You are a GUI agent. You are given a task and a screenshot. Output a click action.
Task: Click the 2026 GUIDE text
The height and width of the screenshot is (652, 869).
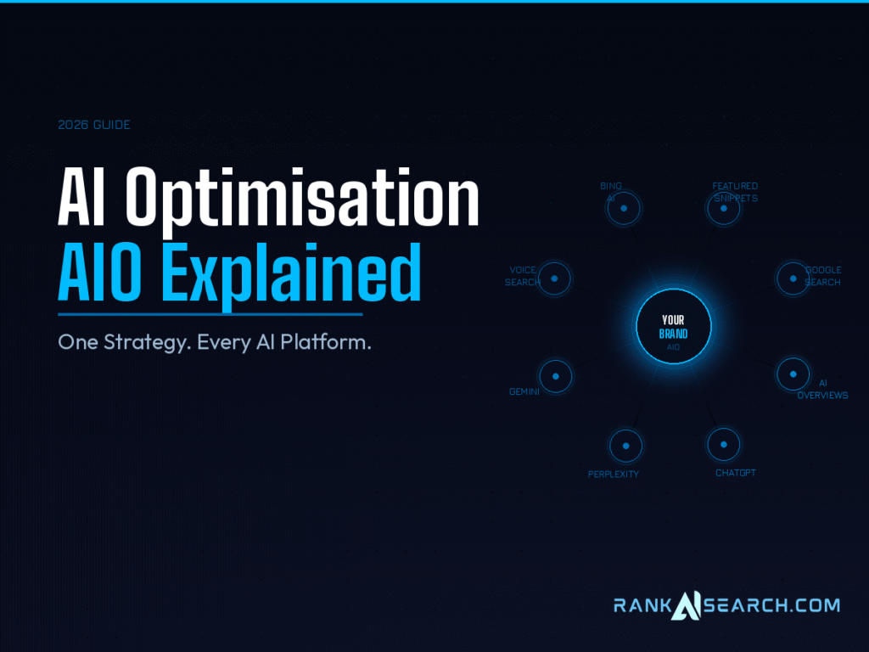point(94,125)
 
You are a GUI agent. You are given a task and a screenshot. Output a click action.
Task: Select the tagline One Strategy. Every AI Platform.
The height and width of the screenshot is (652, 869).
point(215,343)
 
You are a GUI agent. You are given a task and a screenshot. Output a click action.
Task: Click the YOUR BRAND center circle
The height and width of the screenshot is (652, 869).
point(674,327)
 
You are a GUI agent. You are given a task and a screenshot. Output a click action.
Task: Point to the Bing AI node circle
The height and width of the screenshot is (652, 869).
point(624,208)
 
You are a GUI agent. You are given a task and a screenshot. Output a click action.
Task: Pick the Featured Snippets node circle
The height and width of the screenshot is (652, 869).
point(724,208)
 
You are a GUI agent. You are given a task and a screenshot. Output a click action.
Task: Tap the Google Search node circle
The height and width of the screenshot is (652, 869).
point(793,278)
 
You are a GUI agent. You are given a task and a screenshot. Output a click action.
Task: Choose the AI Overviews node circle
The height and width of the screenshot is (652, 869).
point(793,374)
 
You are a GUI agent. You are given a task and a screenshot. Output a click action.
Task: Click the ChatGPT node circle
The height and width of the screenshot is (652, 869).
point(723,444)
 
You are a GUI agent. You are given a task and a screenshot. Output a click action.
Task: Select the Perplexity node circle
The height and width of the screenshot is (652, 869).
point(626,446)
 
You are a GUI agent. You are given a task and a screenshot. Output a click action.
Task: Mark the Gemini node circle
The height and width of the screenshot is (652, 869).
point(556,376)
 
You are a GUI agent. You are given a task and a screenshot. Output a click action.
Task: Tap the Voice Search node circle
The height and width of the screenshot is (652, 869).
point(555,278)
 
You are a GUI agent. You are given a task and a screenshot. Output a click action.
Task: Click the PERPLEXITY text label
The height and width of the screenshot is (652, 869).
point(614,475)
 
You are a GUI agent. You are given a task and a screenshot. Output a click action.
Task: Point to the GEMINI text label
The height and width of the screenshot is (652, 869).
point(524,392)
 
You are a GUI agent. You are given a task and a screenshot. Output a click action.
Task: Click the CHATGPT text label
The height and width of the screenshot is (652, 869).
point(736,473)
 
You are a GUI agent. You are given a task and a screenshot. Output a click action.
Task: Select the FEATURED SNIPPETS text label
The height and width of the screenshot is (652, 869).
point(735,192)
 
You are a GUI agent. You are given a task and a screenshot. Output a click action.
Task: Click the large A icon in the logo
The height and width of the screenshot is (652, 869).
point(685,605)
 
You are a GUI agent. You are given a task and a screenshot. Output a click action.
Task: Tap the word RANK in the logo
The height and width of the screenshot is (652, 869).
point(642,605)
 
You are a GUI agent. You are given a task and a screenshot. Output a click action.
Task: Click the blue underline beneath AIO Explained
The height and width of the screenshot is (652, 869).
point(210,314)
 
